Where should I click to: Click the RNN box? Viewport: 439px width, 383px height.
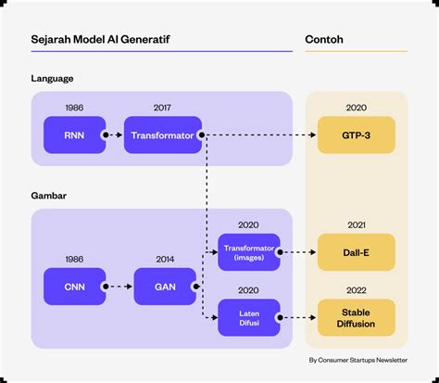tap(74, 135)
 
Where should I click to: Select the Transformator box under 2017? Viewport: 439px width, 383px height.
tap(162, 135)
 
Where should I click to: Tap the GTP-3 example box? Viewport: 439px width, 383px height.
tap(356, 135)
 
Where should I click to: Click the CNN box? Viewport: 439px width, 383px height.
tap(74, 287)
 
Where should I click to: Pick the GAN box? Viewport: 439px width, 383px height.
tap(165, 287)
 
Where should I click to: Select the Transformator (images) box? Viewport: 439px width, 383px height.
tap(248, 252)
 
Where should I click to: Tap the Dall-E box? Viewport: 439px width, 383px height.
tap(356, 252)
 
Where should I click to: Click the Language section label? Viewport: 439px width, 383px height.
tap(53, 79)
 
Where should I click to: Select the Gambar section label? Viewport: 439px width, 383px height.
tap(50, 197)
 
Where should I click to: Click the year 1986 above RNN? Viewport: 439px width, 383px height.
tap(74, 108)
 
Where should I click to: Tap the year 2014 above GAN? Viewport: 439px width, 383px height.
tap(165, 259)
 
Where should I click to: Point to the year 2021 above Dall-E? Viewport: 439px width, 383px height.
tap(356, 224)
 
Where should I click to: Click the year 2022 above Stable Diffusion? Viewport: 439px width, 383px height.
tap(356, 289)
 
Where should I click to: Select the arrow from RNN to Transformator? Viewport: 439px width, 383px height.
tap(114, 135)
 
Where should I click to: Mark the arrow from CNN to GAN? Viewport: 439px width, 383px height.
tap(119, 287)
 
